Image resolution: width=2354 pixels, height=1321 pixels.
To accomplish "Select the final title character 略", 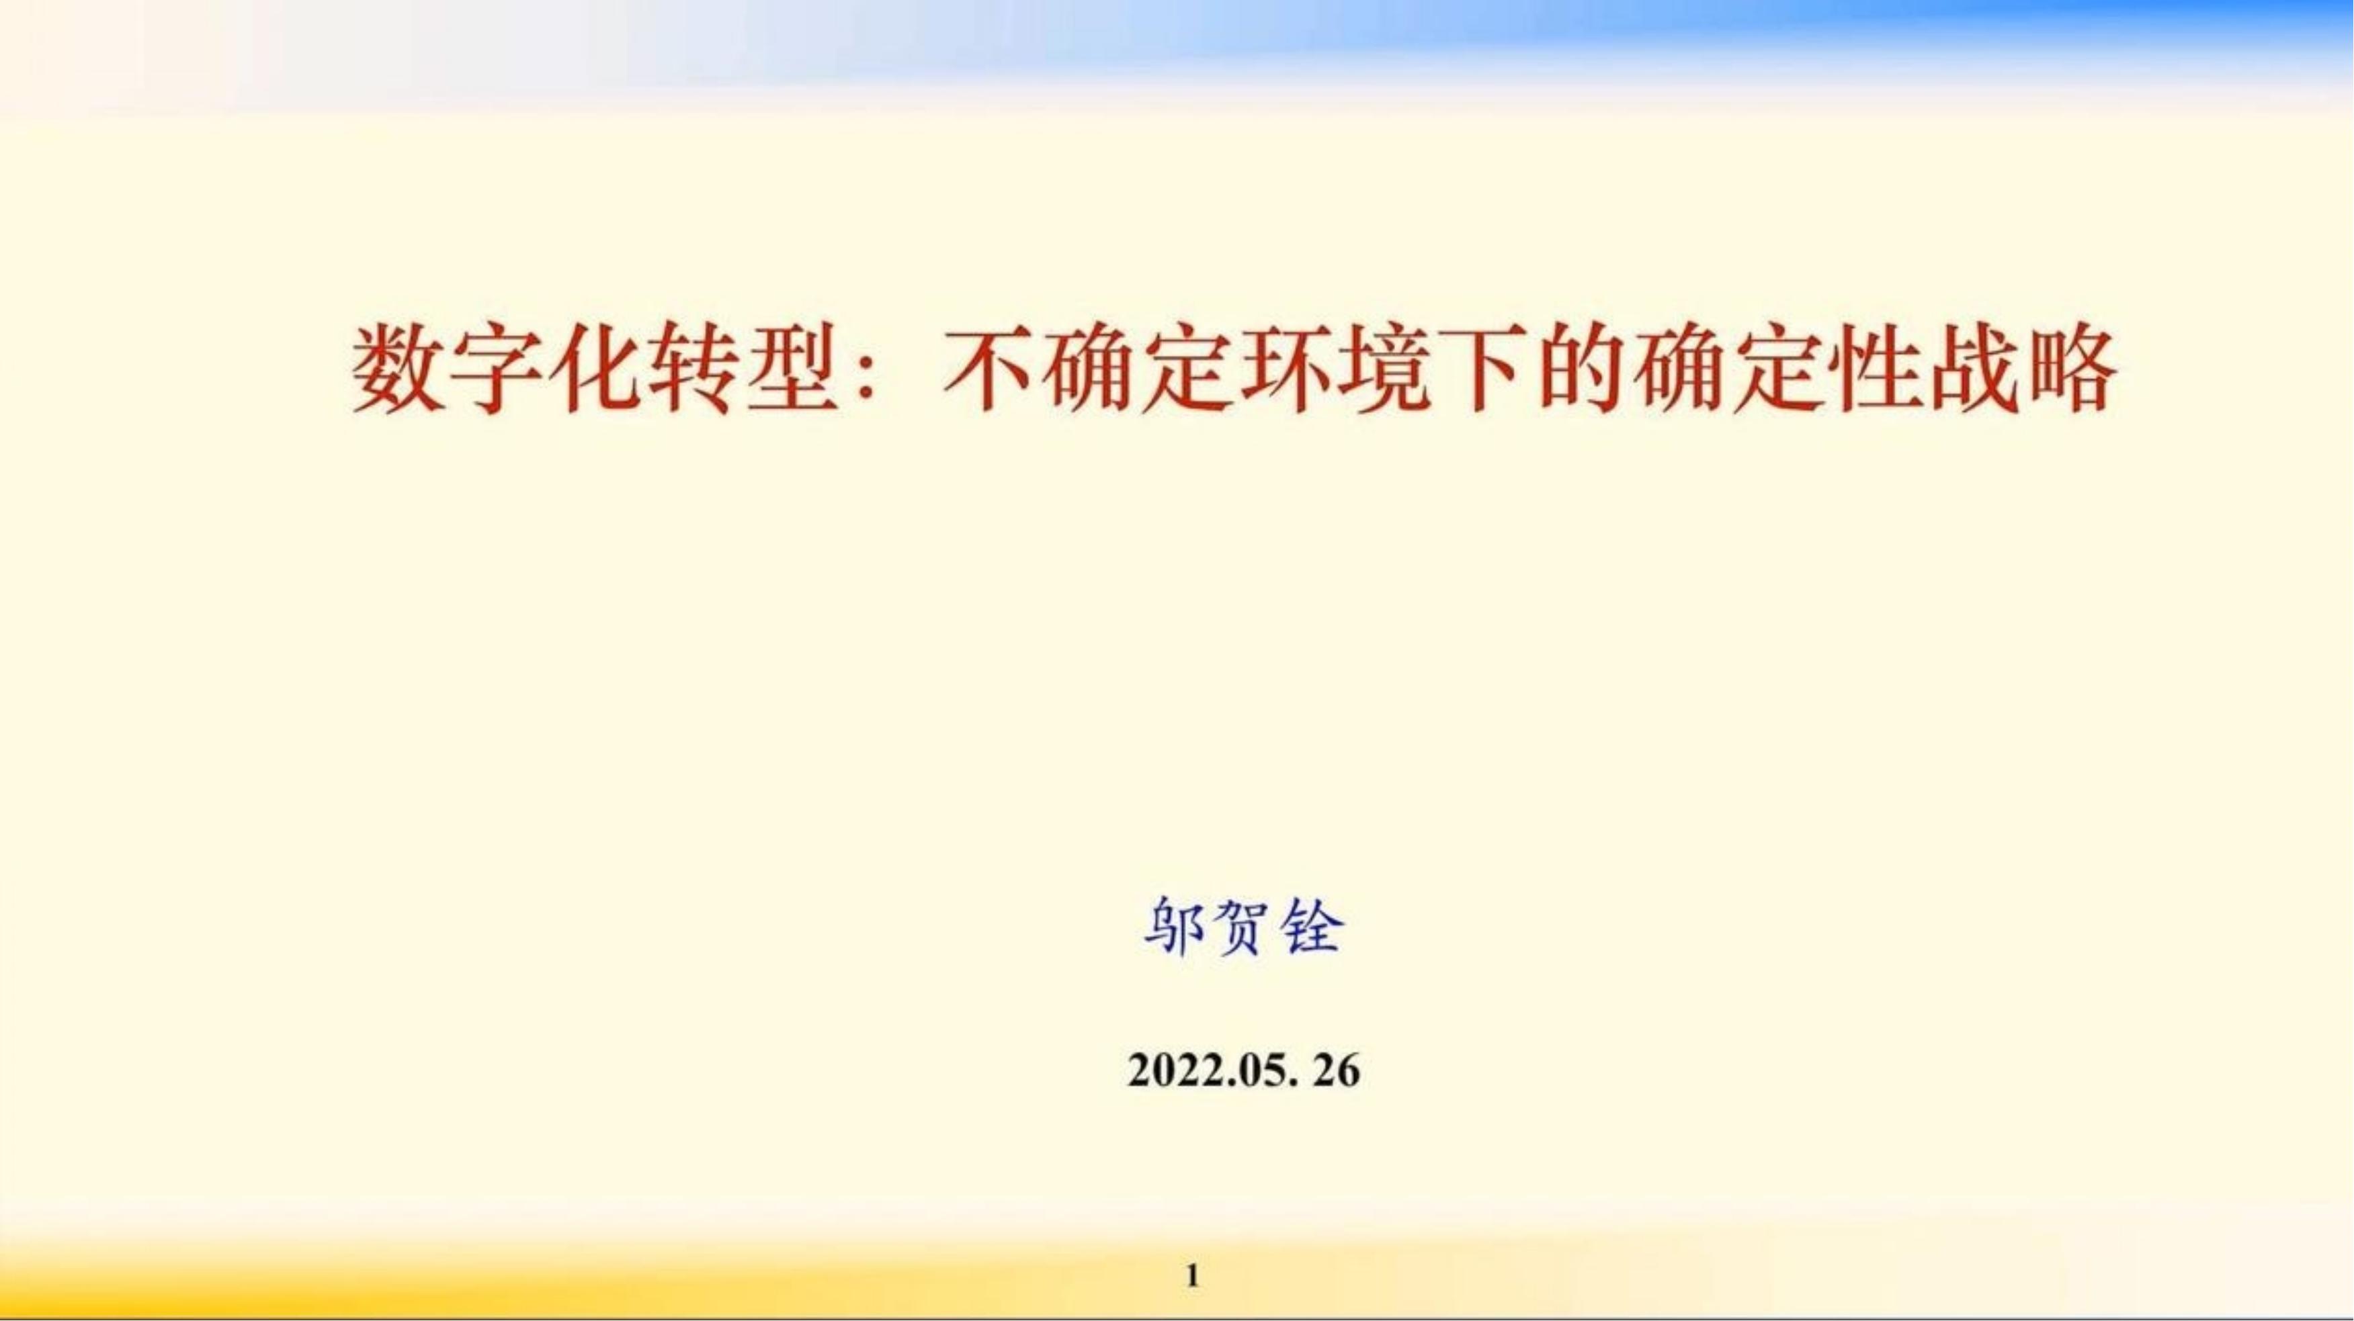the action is point(2070,373).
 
